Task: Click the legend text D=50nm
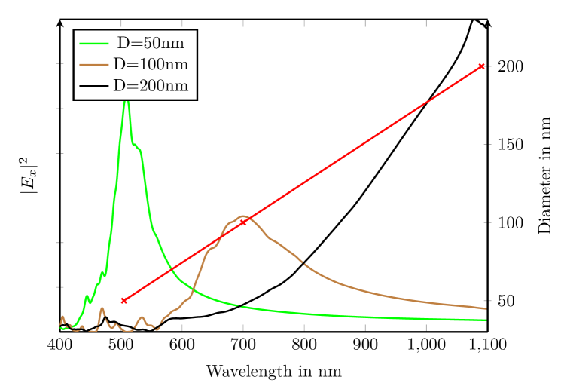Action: click(151, 44)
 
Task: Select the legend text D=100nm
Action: click(151, 65)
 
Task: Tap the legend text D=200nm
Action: click(151, 86)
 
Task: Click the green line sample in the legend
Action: click(94, 44)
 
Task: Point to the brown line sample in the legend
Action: click(94, 65)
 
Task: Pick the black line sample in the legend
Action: click(94, 86)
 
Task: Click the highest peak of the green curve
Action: click(127, 102)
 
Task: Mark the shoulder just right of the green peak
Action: click(136, 146)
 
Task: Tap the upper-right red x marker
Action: click(482, 66)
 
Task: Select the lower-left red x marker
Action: click(124, 300)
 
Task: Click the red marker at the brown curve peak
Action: click(243, 222)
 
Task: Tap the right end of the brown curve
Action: click(486, 308)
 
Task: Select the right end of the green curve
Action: click(486, 320)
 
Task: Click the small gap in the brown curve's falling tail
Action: click(303, 263)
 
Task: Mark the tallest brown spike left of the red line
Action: click(102, 308)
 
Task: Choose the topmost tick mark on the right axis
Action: click(487, 66)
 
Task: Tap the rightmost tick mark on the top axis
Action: click(426, 23)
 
